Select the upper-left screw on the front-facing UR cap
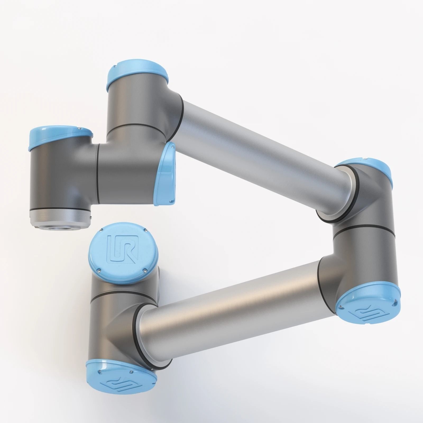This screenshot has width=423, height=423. (x=102, y=231)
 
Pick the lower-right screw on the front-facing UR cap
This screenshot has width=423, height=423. (x=145, y=270)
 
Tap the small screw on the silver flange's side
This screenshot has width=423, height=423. (x=91, y=210)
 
